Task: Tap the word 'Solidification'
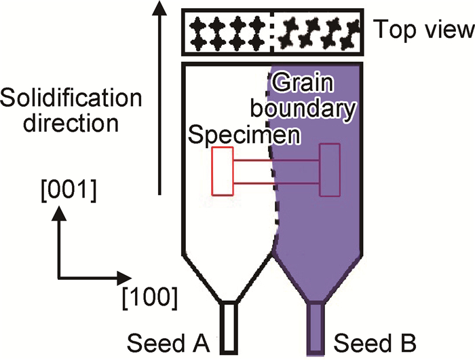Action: pos(71,99)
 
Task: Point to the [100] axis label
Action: pos(153,297)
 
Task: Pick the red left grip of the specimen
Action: pos(222,170)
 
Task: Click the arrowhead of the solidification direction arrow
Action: pos(159,8)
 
